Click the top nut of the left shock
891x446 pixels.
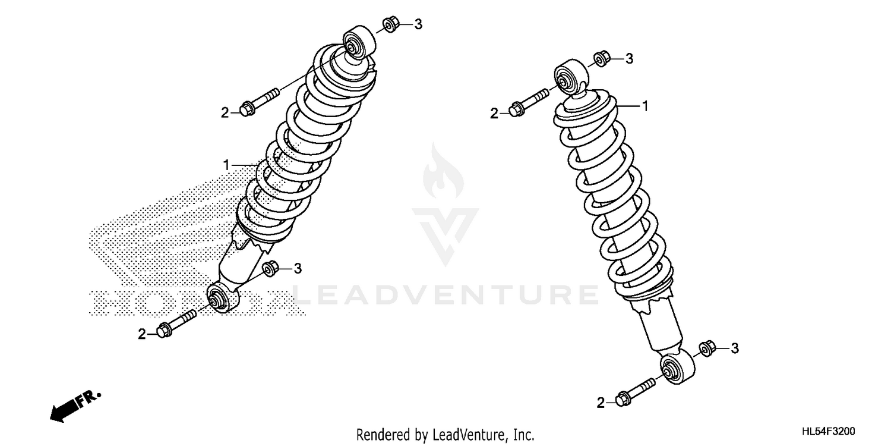pyautogui.click(x=390, y=26)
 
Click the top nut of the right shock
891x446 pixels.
pyautogui.click(x=600, y=58)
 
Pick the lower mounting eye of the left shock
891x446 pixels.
pyautogui.click(x=220, y=297)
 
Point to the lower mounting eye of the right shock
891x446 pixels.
pyautogui.click(x=676, y=367)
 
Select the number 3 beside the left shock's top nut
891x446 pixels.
pyautogui.click(x=418, y=24)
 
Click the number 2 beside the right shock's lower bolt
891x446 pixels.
pyautogui.click(x=601, y=404)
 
